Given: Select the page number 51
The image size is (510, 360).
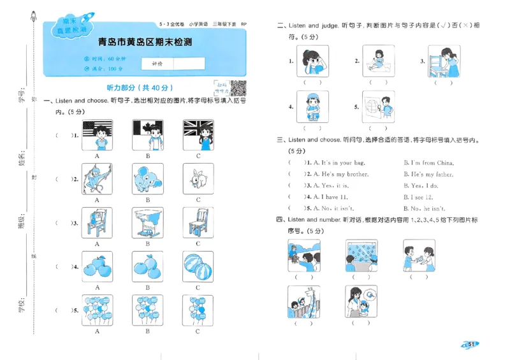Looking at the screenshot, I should (470, 344).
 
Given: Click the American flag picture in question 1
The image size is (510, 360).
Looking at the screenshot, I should (97, 134).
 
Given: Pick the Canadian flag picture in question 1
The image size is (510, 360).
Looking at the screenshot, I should (147, 134).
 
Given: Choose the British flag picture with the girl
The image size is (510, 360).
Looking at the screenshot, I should (198, 134).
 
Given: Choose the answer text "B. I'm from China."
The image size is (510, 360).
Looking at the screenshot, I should (428, 162).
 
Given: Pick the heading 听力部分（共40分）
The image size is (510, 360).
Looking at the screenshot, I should (139, 88).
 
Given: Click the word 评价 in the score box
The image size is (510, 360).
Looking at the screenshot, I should (157, 64).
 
